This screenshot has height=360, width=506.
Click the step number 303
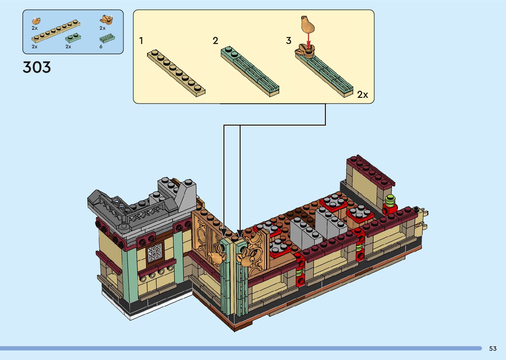click(x=37, y=67)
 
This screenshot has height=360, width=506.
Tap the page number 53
click(x=493, y=348)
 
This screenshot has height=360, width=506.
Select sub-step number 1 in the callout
click(x=141, y=41)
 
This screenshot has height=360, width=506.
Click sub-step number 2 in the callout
click(x=215, y=41)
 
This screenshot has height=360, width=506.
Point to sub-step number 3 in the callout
click(x=289, y=41)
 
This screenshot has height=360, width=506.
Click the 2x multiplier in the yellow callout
click(x=362, y=95)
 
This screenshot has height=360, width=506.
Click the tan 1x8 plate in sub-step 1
click(x=176, y=73)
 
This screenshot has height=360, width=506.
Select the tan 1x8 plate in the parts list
click(x=56, y=32)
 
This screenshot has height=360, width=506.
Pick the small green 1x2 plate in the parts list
click(x=73, y=38)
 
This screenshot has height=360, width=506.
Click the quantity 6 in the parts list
click(x=101, y=47)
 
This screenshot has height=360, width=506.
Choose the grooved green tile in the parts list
click(x=107, y=38)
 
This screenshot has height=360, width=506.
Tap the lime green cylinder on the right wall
click(x=391, y=200)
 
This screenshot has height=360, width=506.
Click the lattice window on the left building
click(x=155, y=253)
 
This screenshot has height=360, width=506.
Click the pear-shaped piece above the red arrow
click(x=307, y=23)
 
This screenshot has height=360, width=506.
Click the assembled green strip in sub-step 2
click(x=250, y=71)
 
